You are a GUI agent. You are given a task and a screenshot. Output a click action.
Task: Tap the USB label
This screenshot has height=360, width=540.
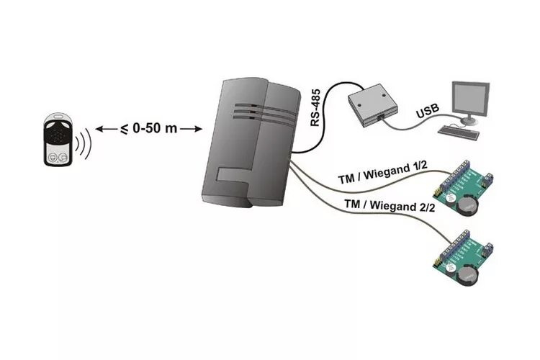pos(426,112)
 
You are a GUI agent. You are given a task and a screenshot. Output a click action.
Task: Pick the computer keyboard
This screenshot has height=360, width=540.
pos(459,133)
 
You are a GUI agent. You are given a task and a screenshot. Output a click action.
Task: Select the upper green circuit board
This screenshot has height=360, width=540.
pos(464,189)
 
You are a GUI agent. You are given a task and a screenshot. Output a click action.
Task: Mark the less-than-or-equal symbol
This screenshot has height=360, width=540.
pos(124,129)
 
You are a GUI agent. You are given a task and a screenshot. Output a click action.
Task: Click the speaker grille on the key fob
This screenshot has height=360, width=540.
pos(56,131)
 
